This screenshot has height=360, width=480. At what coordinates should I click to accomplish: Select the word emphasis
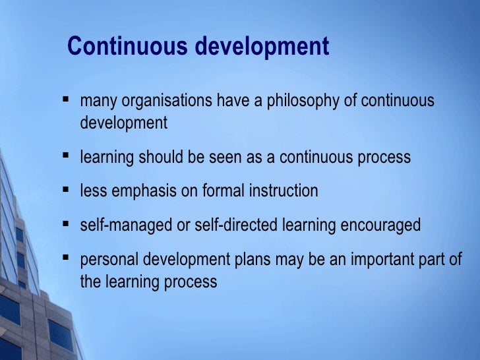pyautogui.click(x=142, y=191)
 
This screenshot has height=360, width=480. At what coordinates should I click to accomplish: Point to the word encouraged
pyautogui.click(x=380, y=225)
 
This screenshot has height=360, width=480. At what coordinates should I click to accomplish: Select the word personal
pyautogui.click(x=107, y=259)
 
